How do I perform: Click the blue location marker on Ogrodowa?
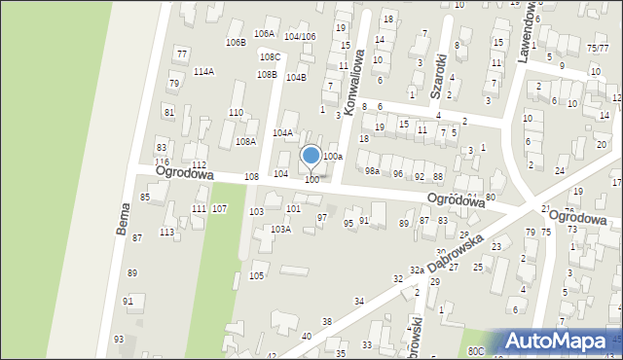pos(311,157)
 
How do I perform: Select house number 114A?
pos(203,71)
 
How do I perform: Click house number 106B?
pos(235,43)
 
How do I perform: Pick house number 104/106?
pos(300,36)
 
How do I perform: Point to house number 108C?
pos(270,57)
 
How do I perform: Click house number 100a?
pos(333,156)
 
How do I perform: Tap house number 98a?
pos(372,171)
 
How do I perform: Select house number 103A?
pos(280,230)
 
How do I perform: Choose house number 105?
pos(257,276)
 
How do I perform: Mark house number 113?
pos(167,232)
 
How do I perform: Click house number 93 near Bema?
pos(119,339)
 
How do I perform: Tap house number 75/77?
pos(598,48)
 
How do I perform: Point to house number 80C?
pos(475,350)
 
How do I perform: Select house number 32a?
pos(417,270)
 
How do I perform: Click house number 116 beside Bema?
pos(162,162)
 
